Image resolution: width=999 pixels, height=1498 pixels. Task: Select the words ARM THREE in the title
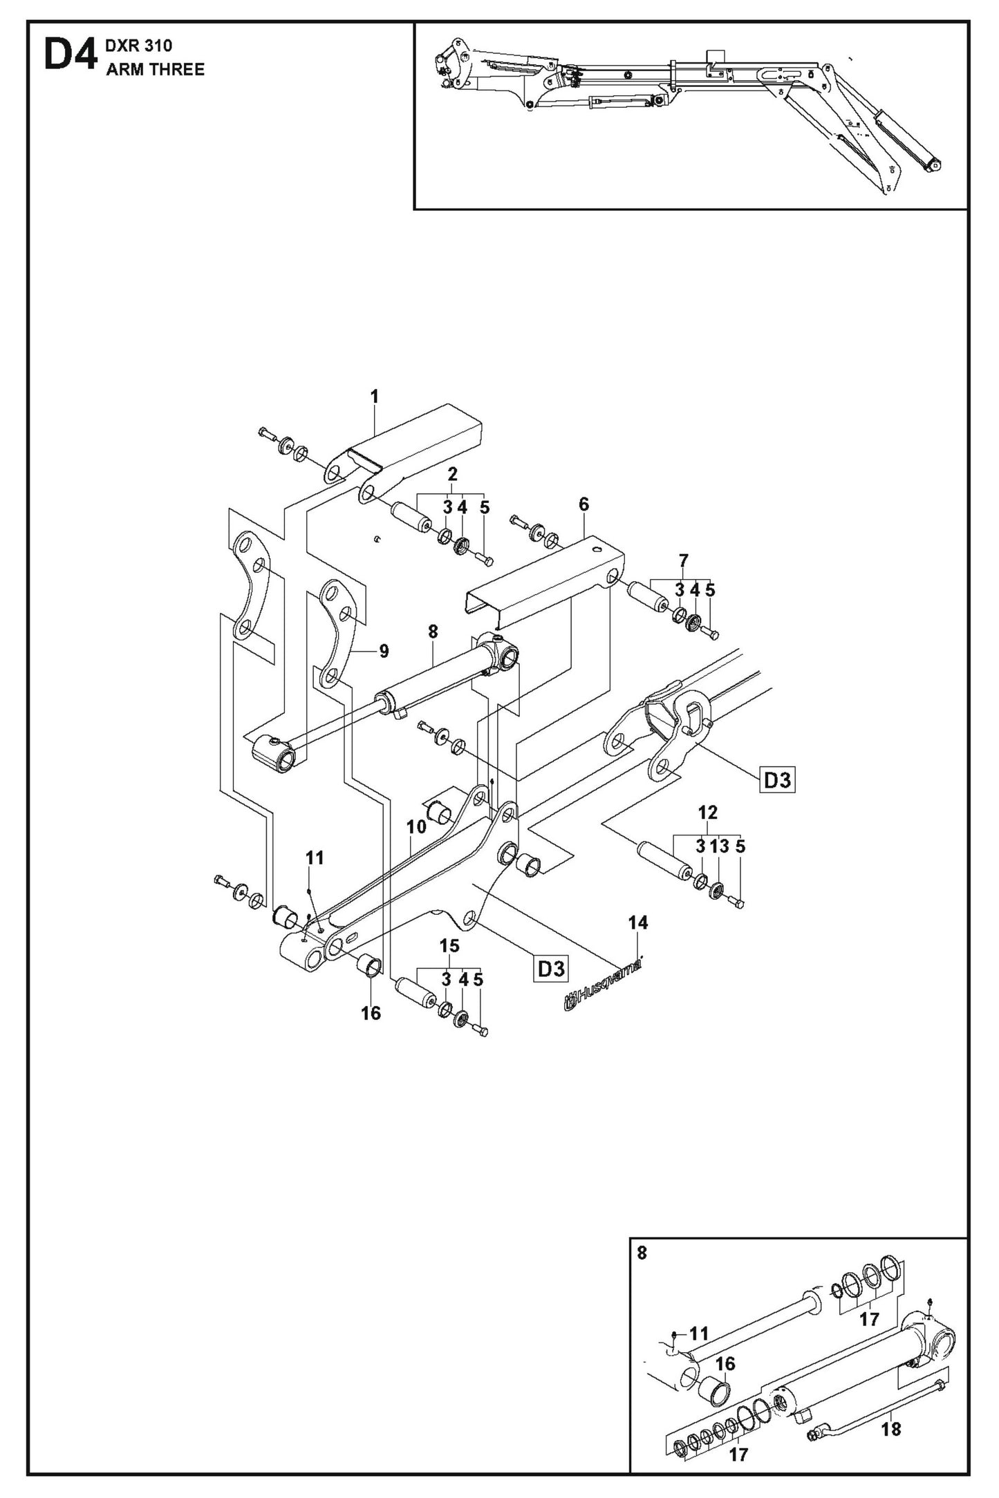155,70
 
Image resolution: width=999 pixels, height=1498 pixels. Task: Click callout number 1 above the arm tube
375,397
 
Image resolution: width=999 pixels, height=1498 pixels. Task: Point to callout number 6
583,504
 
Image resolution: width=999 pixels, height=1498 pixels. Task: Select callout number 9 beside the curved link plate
384,651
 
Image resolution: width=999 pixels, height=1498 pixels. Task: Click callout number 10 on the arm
416,826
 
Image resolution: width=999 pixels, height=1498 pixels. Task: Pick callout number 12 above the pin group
708,813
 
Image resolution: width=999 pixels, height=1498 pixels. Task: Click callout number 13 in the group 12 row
720,846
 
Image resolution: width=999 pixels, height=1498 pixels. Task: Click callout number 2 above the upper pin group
452,474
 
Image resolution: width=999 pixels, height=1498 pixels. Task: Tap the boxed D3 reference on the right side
777,781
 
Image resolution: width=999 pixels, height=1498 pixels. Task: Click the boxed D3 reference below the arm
551,969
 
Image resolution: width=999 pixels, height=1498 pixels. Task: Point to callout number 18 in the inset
891,1423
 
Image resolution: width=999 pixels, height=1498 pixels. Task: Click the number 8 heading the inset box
642,1253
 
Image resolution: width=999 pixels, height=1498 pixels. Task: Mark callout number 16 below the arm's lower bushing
371,1013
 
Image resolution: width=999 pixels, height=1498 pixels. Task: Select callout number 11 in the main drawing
315,858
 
